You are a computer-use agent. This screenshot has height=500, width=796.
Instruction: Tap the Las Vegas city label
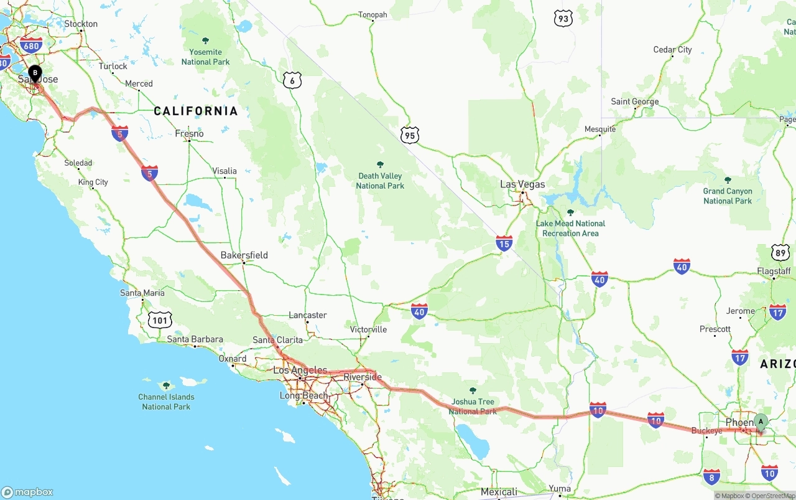point(522,184)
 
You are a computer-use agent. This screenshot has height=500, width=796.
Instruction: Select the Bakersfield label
point(244,255)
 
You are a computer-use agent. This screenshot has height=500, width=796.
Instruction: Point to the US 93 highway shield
point(563,19)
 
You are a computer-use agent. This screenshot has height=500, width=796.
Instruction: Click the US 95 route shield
point(410,134)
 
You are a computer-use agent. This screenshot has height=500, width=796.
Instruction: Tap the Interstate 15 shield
point(504,243)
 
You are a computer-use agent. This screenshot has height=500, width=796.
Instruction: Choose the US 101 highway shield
point(160,321)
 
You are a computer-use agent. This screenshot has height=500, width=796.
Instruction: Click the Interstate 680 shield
point(30,45)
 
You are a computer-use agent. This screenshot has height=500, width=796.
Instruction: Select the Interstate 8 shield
point(712,478)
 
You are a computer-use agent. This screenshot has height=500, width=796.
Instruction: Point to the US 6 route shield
point(292,80)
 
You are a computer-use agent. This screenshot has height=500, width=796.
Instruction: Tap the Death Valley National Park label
point(380,181)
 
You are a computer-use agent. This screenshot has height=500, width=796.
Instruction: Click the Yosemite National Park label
point(205,57)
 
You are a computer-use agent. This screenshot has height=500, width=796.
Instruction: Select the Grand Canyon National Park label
point(728,196)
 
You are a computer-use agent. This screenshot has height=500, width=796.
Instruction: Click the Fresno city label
point(189,133)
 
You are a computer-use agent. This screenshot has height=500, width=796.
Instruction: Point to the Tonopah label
point(373,15)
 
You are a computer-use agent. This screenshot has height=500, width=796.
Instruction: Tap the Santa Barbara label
point(195,339)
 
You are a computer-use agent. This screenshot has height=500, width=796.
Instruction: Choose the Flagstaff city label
point(774,271)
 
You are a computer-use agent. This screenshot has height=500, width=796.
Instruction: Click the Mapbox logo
point(27,492)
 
